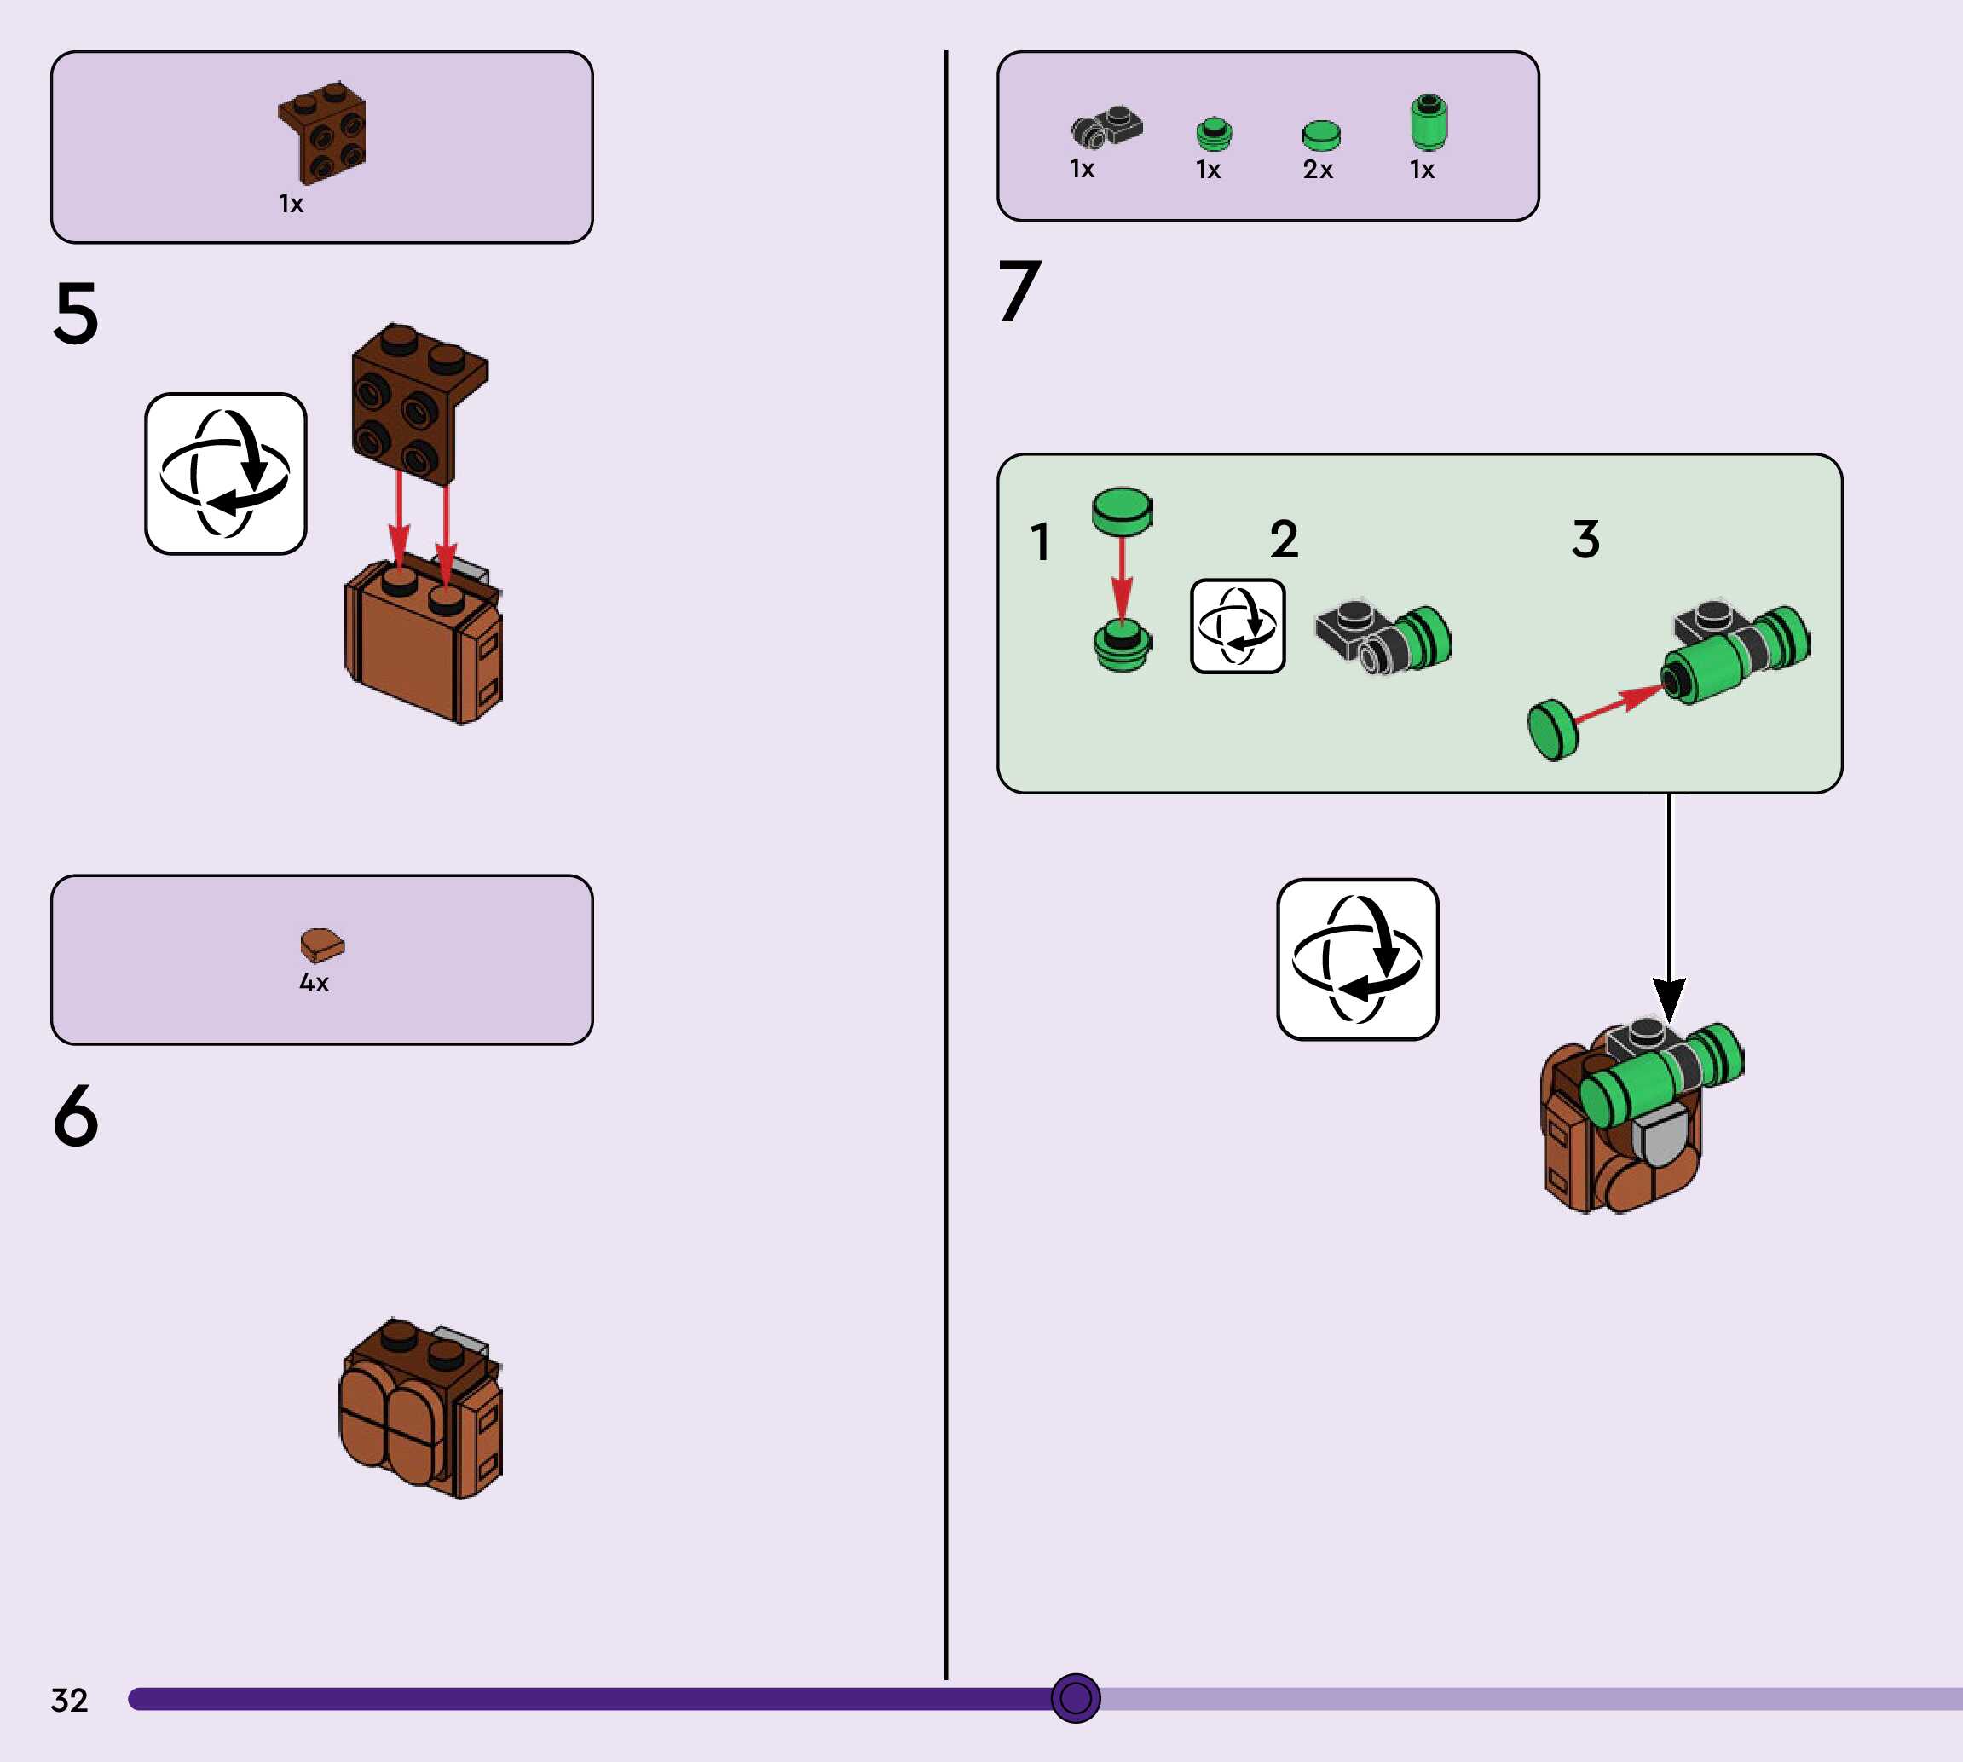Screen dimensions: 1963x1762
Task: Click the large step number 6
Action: [x=76, y=1115]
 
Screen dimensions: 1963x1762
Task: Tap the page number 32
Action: [x=69, y=1700]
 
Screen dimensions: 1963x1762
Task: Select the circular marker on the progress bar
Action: [x=1076, y=1697]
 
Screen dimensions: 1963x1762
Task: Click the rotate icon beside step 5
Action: [x=226, y=473]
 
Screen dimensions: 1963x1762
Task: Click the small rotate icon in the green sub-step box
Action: [x=1237, y=627]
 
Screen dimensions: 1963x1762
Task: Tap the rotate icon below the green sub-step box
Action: [x=1357, y=959]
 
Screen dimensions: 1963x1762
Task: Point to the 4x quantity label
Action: [x=314, y=983]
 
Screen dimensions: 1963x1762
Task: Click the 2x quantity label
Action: [x=1318, y=170]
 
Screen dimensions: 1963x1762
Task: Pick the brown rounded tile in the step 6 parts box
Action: [x=321, y=944]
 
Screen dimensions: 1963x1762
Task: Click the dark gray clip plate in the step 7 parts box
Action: [x=1106, y=127]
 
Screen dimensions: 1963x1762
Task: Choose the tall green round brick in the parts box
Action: [x=1429, y=122]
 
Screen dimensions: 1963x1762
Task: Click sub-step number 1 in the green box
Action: [x=1040, y=541]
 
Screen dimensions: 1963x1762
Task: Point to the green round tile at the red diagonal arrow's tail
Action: [x=1551, y=730]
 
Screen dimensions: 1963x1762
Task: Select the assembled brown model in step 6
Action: [x=421, y=1407]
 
